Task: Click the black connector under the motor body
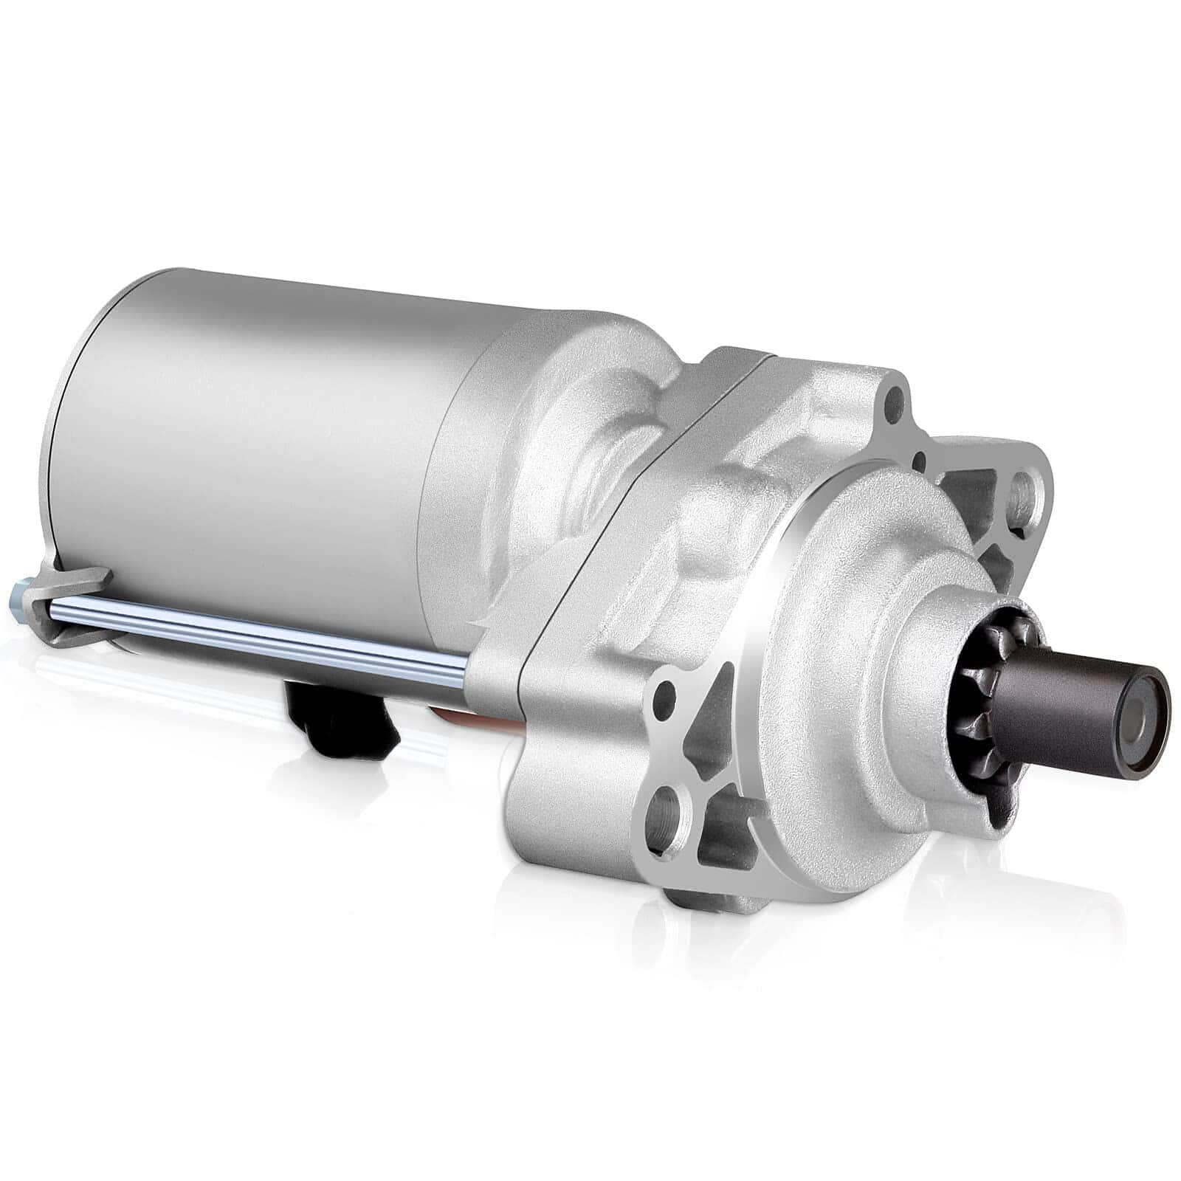coord(347,712)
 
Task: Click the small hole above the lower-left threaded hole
coord(664,694)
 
